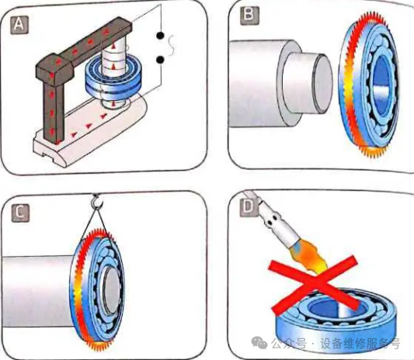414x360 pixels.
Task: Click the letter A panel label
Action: point(19,25)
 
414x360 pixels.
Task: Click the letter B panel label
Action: point(249,16)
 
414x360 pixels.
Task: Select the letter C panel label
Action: point(20,213)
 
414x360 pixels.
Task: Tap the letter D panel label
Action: point(249,208)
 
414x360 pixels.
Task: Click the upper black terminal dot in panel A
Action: point(160,36)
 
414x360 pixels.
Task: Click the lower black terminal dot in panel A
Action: point(160,61)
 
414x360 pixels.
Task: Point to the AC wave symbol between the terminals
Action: point(172,46)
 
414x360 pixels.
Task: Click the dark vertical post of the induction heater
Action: point(54,111)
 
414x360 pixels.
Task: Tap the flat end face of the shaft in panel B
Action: point(322,83)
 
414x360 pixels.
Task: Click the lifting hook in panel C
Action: point(96,202)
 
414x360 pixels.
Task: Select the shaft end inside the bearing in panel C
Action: point(112,292)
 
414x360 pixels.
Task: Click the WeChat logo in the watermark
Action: point(259,342)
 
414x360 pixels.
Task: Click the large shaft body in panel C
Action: point(37,291)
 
